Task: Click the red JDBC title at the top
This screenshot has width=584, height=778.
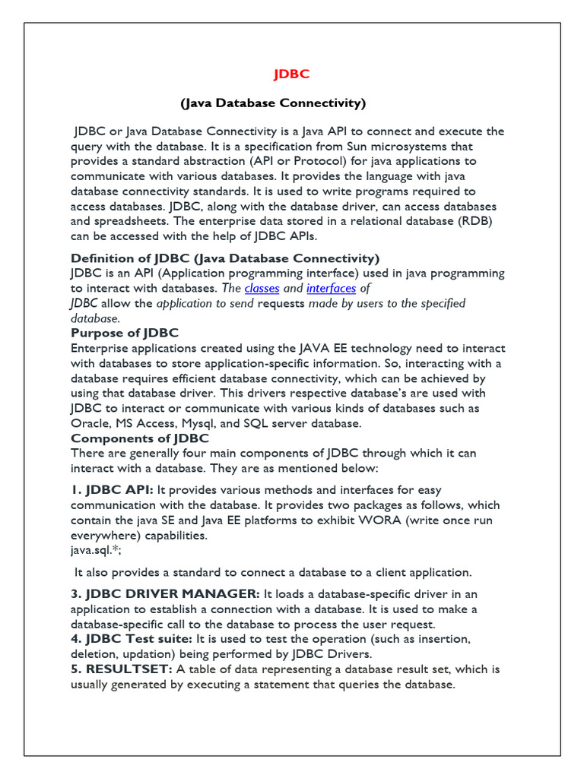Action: [x=292, y=74]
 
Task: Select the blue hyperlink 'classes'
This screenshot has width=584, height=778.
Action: [x=262, y=289]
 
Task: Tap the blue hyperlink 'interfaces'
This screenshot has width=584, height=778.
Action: [x=331, y=289]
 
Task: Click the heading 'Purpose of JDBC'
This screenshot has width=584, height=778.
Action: [x=125, y=333]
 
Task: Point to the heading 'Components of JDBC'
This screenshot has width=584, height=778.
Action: [x=140, y=438]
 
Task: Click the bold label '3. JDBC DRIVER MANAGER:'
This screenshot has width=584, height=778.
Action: [x=165, y=593]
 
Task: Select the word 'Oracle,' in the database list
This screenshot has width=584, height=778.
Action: [x=91, y=423]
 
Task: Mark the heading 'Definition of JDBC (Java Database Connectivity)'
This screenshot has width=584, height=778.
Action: [x=225, y=258]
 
